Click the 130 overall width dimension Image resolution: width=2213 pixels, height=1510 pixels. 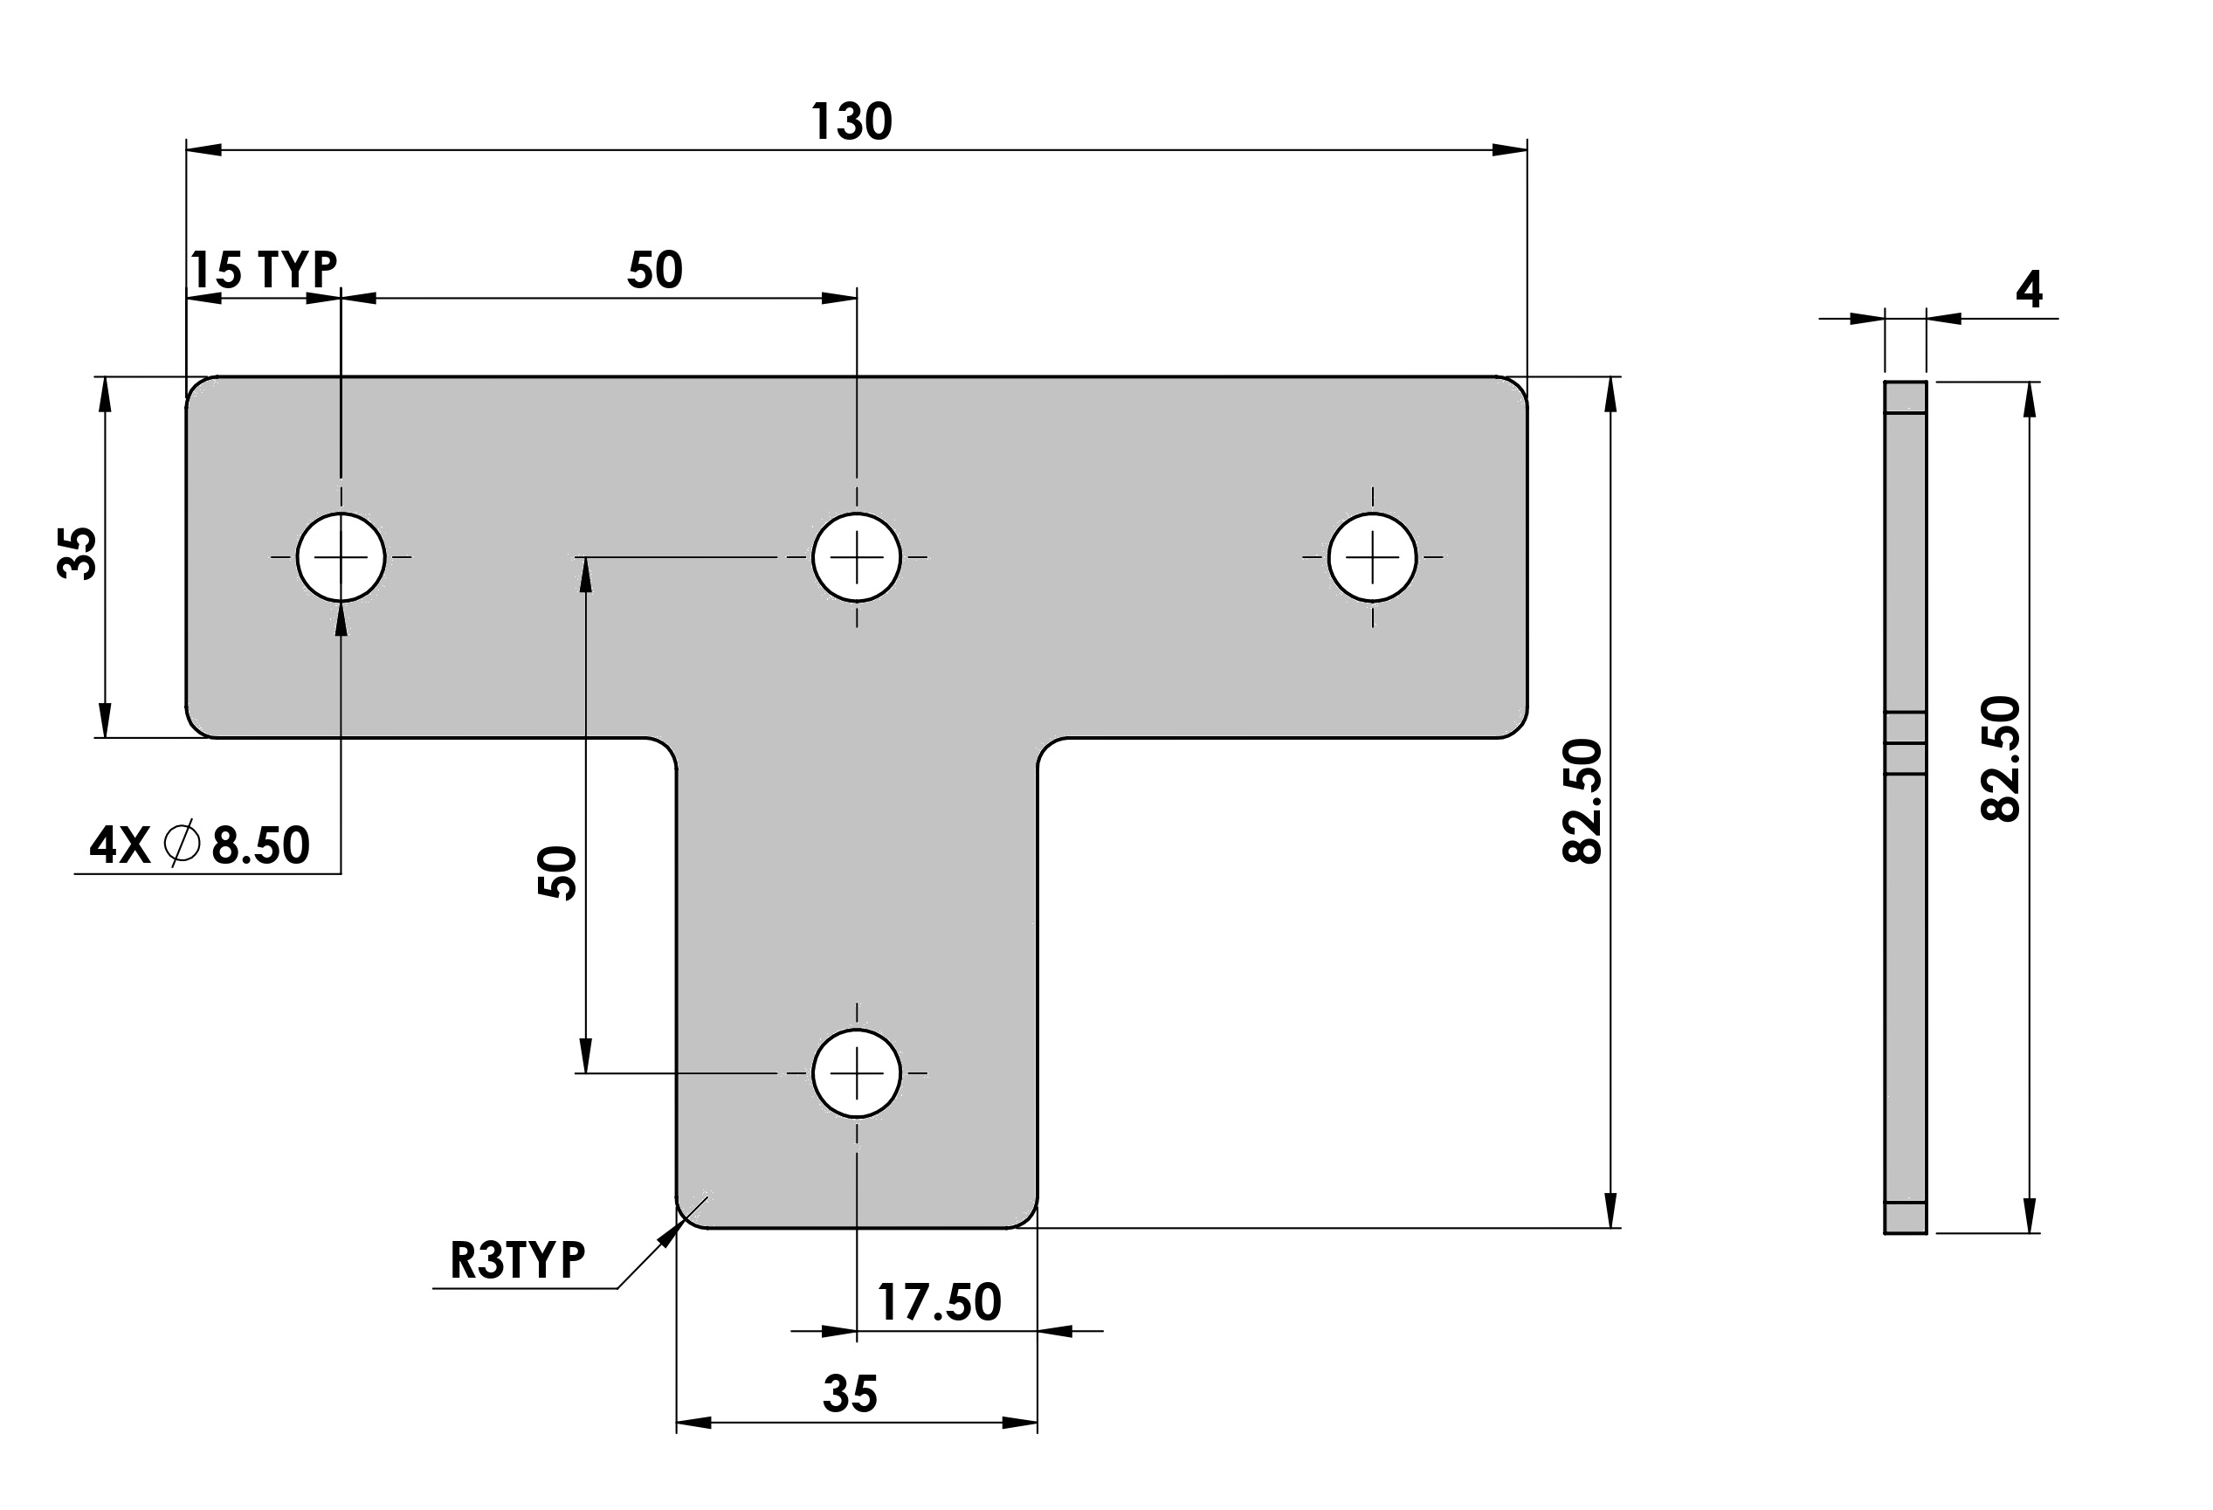point(851,122)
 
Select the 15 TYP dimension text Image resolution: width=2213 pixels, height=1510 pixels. point(264,270)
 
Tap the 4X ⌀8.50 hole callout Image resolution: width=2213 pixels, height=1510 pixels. point(200,845)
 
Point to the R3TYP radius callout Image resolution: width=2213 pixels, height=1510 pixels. point(517,1259)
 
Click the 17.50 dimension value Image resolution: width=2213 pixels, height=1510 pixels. point(939,1301)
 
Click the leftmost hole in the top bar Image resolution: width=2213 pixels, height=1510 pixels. point(341,557)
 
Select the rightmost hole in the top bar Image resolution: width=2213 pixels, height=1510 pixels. point(1372,557)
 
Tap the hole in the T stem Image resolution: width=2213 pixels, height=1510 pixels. point(856,1073)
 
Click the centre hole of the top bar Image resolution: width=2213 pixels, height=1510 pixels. point(856,557)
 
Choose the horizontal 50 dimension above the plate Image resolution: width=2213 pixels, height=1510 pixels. point(655,270)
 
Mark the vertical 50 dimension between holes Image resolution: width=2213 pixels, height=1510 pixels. point(558,873)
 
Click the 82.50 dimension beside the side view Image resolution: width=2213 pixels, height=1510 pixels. point(2001,759)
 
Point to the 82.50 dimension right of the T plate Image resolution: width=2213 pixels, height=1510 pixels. point(1583,801)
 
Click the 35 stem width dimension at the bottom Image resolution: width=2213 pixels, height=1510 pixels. point(850,1394)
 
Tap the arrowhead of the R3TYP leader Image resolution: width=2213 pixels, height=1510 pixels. point(671,1234)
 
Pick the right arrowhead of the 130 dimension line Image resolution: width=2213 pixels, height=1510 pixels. point(1509,149)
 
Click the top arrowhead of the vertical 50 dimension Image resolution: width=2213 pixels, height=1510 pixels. point(584,574)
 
